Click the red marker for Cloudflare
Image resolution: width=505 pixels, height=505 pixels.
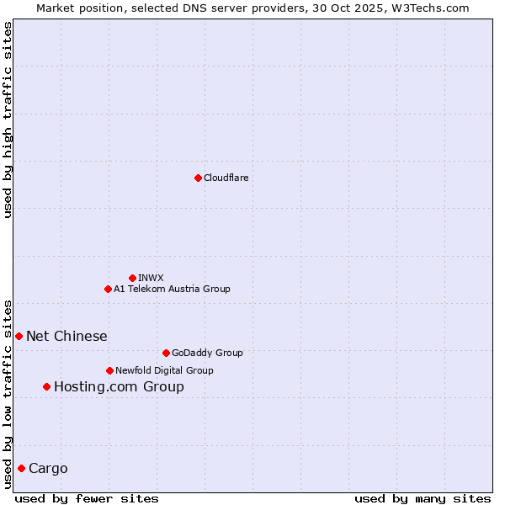[198, 178]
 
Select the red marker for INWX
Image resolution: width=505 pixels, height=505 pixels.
[132, 278]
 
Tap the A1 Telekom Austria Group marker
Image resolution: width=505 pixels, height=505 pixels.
[108, 289]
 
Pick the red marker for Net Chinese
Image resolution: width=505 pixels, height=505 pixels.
[19, 336]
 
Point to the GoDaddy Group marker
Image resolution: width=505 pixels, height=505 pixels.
[166, 353]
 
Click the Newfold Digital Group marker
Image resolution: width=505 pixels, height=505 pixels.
[109, 370]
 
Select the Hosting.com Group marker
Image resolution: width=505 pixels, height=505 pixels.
[46, 386]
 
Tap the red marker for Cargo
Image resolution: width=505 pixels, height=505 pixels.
[21, 468]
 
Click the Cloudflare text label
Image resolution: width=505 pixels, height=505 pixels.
[226, 178]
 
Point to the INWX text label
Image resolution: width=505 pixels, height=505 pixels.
[151, 278]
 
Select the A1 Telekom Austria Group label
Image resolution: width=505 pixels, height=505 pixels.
[172, 289]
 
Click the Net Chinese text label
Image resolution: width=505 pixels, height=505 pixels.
[66, 337]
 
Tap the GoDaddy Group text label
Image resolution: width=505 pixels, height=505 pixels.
[206, 353]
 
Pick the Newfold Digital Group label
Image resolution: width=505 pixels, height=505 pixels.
[164, 370]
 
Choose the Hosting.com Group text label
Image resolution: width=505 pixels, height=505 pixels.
[119, 387]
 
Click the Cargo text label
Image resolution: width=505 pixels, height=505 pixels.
[48, 469]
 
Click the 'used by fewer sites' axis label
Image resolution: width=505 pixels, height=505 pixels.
[87, 498]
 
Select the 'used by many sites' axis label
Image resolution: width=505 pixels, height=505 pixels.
[423, 498]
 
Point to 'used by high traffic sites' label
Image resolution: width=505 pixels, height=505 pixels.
[8, 120]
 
